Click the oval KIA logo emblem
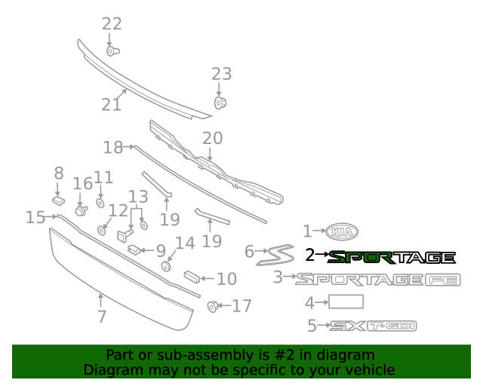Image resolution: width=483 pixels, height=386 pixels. tap(342, 231)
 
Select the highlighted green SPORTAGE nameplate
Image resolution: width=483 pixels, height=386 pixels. tap(391, 258)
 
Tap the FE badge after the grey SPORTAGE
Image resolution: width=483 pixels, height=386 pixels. tap(443, 280)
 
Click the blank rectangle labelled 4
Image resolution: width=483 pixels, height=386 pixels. tap(346, 302)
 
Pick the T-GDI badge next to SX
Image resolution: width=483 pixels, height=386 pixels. tap(392, 326)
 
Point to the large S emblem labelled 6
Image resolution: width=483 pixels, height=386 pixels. tap(275, 255)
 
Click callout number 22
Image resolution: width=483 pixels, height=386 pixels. tap(112, 23)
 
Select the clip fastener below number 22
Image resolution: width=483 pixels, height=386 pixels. tap(112, 51)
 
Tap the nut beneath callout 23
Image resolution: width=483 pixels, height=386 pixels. tap(220, 103)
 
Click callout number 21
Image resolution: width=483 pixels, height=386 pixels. tap(111, 105)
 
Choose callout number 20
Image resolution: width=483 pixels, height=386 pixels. tap(212, 138)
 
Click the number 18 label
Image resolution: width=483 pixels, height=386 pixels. tap(112, 148)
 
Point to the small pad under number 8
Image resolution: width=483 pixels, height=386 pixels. tap(59, 201)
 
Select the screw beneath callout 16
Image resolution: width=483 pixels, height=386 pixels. tap(82, 211)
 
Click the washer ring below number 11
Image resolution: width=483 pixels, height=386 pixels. tap(100, 203)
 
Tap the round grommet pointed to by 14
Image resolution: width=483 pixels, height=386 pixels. tap(167, 266)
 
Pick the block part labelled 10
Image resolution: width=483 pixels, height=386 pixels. tap(192, 277)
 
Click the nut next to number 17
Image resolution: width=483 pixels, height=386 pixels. tap(213, 306)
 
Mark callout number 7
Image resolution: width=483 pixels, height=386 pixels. tap(102, 317)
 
